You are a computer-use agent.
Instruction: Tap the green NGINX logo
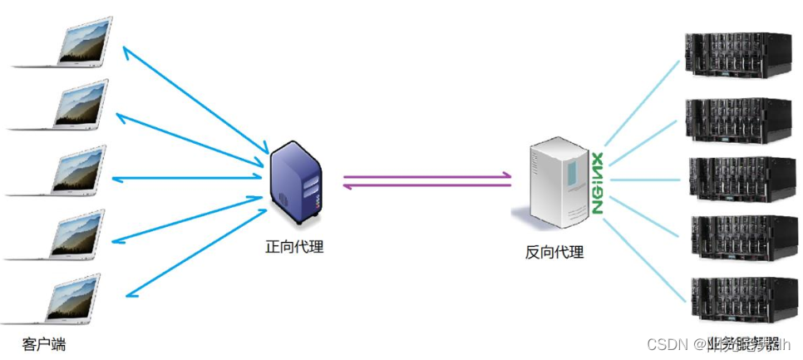click(596, 184)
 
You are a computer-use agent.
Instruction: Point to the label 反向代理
click(554, 252)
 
